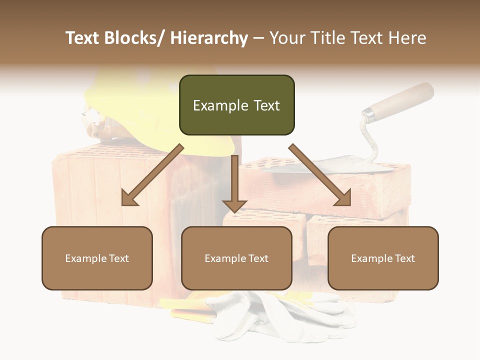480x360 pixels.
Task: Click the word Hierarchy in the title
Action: click(209, 38)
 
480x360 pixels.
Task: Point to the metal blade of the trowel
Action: click(325, 165)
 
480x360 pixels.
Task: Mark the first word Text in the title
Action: click(84, 38)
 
